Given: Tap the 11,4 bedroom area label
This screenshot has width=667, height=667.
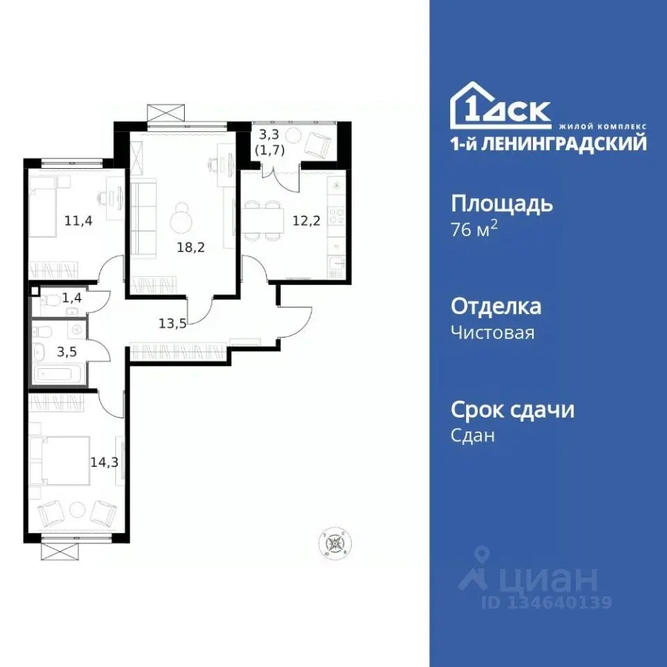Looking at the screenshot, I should pos(79,222).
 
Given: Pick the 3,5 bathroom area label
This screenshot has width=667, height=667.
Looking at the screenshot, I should pos(67,351).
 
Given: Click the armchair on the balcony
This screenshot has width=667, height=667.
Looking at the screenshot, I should pos(319,142).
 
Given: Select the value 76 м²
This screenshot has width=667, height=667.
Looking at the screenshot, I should pos(475,229).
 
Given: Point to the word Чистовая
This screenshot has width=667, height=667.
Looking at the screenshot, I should pos(493,333).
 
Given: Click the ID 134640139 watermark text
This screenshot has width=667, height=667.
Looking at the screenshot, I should pos(546,602).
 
